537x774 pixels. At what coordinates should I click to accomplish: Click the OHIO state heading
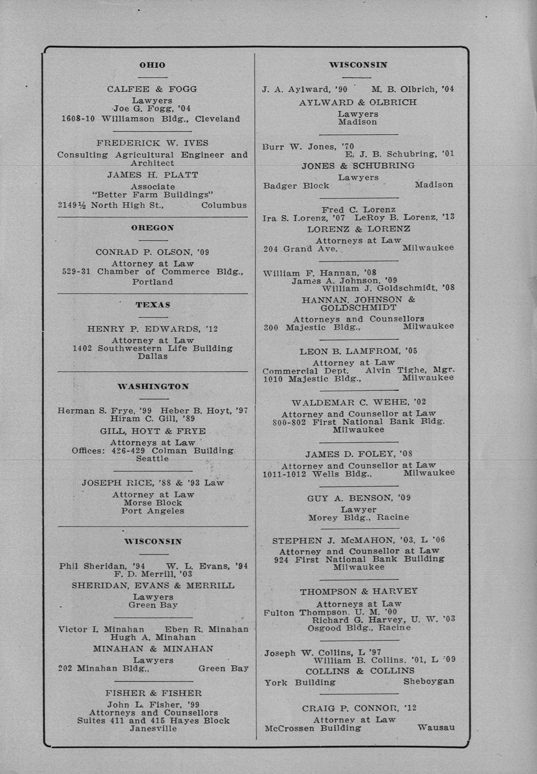(152, 65)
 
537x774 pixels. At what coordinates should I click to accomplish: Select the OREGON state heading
(152, 228)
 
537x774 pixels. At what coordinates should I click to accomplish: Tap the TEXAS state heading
(153, 305)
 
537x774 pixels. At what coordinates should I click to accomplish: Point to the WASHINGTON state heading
(153, 387)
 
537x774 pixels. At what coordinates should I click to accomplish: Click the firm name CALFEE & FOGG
(152, 89)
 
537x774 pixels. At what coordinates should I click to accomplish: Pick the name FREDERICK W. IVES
(152, 143)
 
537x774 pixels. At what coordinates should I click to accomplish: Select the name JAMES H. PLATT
(153, 175)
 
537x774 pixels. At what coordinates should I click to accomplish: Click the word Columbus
(224, 205)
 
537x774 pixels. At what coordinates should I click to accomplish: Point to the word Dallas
(153, 356)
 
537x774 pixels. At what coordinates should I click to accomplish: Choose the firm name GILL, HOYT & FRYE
(153, 431)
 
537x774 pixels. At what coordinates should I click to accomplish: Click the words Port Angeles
(153, 511)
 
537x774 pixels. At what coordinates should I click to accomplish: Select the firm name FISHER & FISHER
(153, 693)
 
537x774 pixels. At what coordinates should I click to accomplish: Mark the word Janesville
(153, 729)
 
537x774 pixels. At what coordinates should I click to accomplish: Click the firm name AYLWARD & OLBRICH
(358, 102)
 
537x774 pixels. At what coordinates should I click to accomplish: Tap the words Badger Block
(296, 186)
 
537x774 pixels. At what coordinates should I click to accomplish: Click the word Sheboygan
(429, 682)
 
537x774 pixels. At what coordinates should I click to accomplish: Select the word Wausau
(436, 728)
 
